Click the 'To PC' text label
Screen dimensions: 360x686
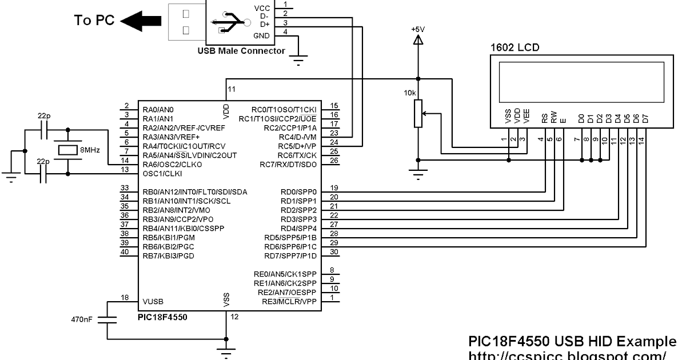point(94,21)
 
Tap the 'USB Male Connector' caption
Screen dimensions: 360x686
point(241,51)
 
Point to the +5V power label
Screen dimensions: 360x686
point(418,28)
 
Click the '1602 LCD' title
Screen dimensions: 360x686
point(514,47)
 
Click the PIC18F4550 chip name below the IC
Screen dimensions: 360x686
point(162,316)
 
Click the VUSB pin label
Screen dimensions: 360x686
point(154,301)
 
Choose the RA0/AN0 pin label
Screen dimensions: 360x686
point(158,109)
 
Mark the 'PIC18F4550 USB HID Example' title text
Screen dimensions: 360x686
point(571,341)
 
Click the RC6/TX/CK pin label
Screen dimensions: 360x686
point(297,155)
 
